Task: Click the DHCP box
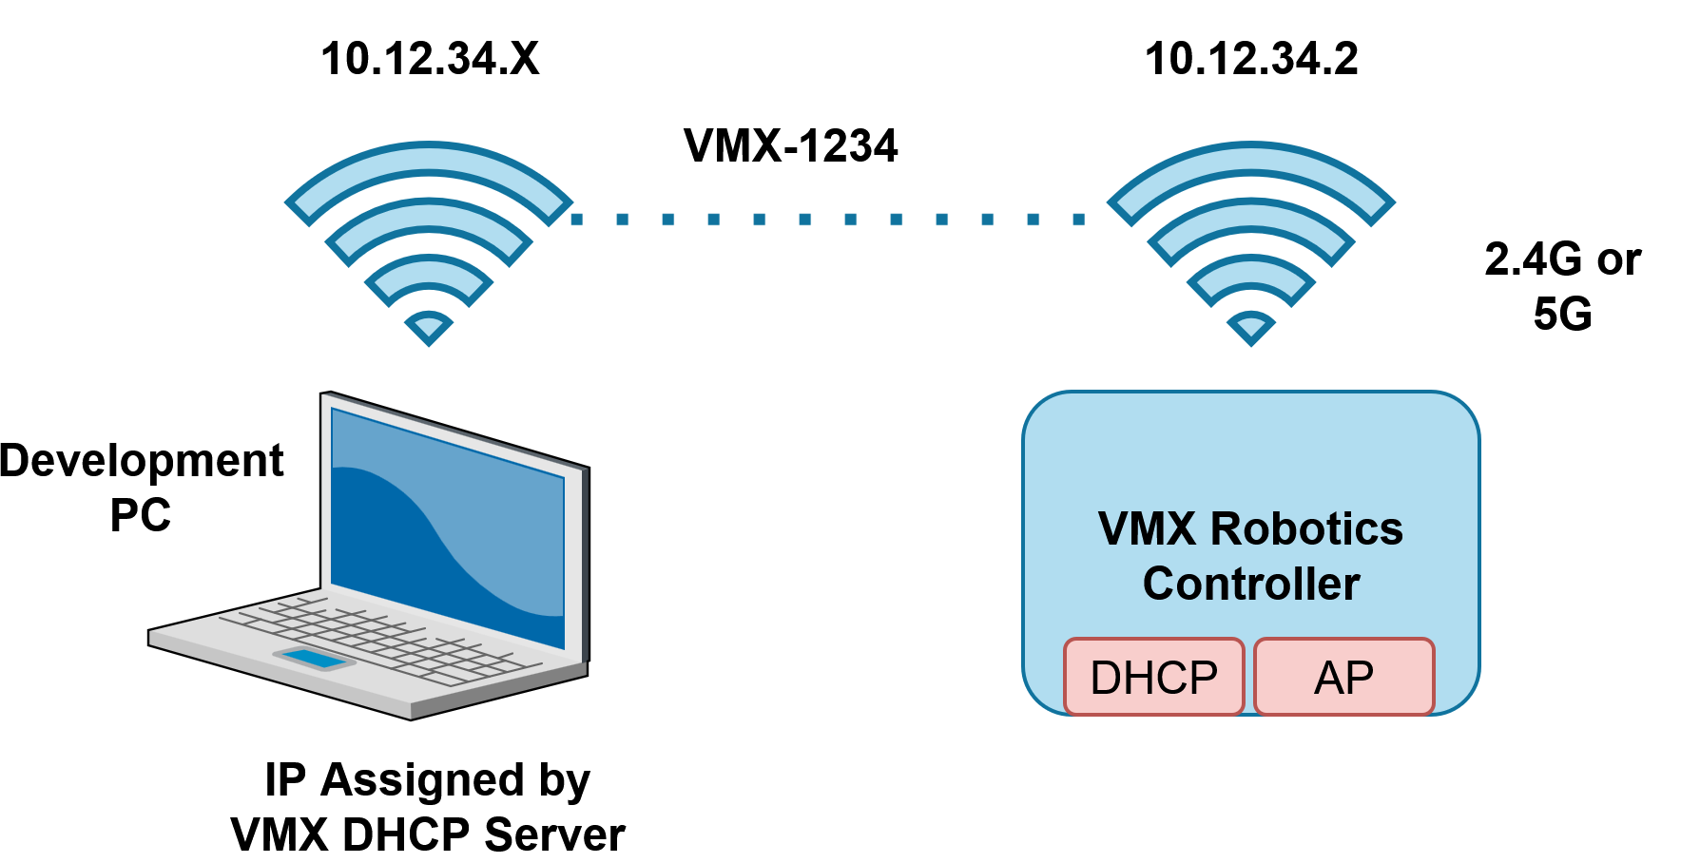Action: tap(1153, 677)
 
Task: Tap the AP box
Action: tap(1343, 677)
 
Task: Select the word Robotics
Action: tap(1306, 529)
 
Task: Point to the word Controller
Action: tap(1250, 584)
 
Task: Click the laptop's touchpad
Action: tap(314, 658)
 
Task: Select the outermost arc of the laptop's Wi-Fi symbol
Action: tap(429, 162)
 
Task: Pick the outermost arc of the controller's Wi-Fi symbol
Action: tap(1250, 162)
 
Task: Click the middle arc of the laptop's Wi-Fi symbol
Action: tap(429, 218)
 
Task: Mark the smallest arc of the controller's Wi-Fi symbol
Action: tap(1250, 272)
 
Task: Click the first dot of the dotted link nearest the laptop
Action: tap(577, 220)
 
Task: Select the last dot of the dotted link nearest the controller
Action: tap(1079, 220)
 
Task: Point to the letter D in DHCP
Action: tap(1107, 678)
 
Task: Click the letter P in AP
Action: tap(1360, 678)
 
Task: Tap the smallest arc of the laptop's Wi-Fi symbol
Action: tap(429, 272)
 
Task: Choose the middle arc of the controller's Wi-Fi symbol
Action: tap(1250, 218)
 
